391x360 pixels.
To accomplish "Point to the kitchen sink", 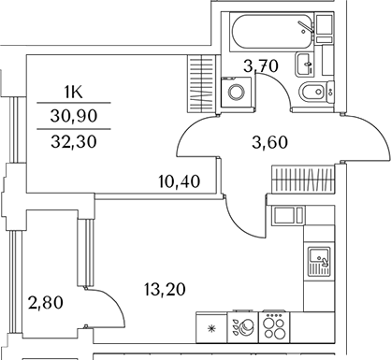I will pyautogui.click(x=318, y=256).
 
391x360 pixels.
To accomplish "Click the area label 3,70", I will pyautogui.click(x=261, y=65).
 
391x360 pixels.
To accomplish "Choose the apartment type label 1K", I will pyautogui.click(x=73, y=92).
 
